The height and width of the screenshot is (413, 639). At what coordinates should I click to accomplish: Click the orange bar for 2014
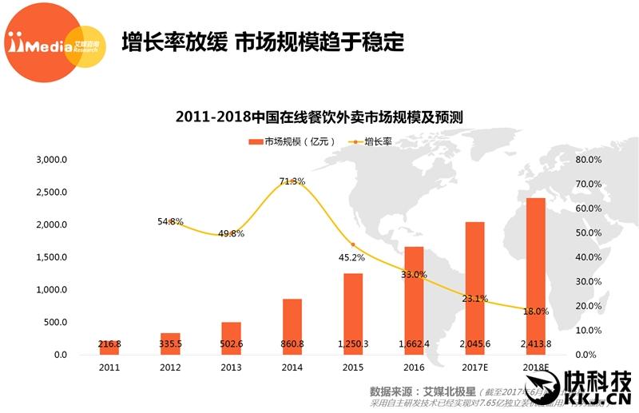pos(292,327)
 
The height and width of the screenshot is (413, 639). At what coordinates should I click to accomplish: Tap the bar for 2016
pos(414,300)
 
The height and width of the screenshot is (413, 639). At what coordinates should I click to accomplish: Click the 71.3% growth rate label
pos(292,181)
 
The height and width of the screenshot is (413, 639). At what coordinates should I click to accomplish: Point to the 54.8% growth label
pos(171,221)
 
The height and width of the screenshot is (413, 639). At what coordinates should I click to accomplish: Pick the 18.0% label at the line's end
pos(536,311)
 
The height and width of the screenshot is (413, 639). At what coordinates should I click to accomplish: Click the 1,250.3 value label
pos(353,344)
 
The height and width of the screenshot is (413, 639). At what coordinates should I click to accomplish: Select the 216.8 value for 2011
pos(110,344)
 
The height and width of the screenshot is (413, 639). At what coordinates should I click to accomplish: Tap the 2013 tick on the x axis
pos(232,368)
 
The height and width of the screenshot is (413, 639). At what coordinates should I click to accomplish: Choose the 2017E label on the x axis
pos(474,368)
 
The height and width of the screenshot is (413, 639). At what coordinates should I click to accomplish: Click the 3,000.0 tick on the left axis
pos(52,160)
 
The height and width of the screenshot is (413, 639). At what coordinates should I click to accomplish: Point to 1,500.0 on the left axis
pos(52,257)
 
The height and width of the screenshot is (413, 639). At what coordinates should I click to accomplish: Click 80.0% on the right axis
pos(588,160)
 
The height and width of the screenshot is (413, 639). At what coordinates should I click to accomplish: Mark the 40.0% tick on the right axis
pos(588,257)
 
